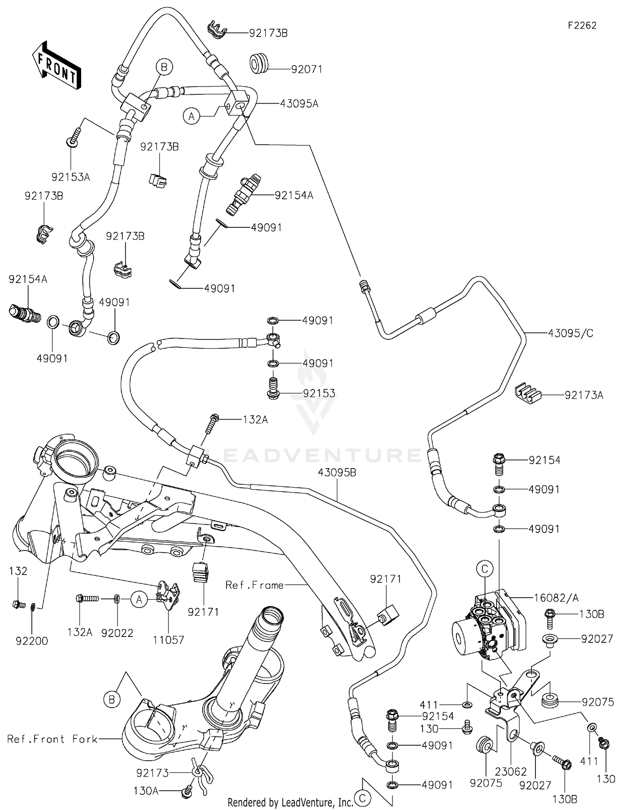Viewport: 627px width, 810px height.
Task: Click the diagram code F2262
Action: [582, 25]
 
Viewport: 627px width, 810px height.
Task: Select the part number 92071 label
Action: [307, 69]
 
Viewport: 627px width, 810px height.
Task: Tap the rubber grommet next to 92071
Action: [260, 63]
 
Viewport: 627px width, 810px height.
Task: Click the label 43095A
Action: [299, 104]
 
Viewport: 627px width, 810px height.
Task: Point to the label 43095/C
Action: [571, 333]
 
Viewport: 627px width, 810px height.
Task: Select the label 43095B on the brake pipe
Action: [337, 473]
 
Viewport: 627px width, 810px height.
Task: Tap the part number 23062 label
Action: [511, 772]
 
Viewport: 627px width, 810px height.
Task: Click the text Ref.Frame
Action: [255, 585]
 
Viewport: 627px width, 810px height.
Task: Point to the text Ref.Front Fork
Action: [52, 739]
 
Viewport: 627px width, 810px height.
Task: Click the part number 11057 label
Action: [168, 640]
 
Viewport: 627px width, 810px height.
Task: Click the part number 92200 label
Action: [32, 641]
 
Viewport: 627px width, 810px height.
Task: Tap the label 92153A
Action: [71, 177]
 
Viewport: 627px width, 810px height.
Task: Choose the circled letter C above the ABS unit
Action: [485, 569]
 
